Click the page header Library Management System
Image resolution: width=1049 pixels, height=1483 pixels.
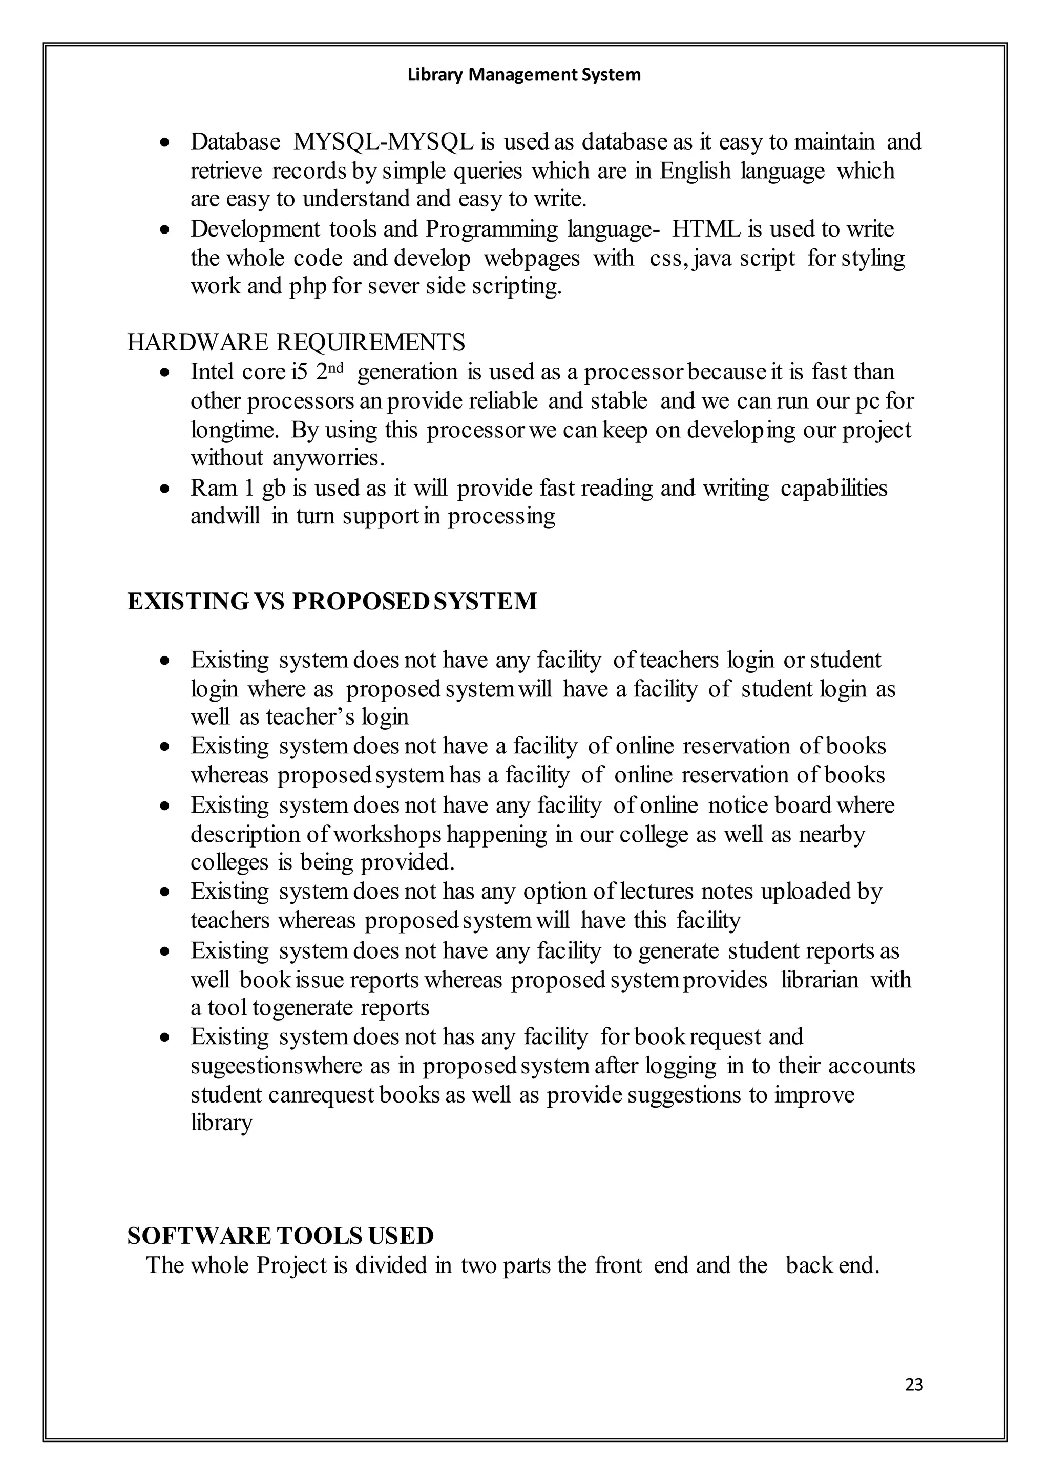(524, 75)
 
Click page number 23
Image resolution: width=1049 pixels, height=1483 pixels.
(914, 1384)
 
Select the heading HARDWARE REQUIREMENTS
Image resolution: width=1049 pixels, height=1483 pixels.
(296, 343)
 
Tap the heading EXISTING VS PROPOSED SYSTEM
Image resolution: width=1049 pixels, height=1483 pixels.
(332, 601)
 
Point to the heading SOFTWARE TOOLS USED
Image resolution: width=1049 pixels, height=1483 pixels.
(280, 1236)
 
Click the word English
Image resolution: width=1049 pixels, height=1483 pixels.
(695, 171)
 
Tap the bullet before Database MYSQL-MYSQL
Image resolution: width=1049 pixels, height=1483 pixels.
(166, 142)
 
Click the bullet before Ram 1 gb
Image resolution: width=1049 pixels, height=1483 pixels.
(166, 489)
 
